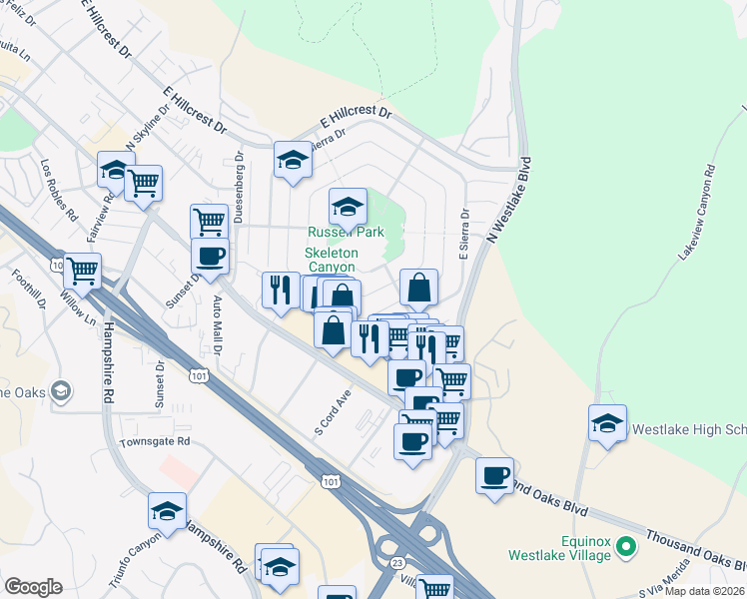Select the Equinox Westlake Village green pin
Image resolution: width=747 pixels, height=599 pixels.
pos(626,546)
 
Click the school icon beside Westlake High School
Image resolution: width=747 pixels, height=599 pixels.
pos(606,423)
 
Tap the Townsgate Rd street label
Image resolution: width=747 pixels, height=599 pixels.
pos(154,441)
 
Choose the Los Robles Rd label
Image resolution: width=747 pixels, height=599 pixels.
pos(59,189)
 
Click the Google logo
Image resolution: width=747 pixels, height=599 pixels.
pos(33,587)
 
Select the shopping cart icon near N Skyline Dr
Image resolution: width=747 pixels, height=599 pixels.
pos(144,183)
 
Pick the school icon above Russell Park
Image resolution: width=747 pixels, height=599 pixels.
pos(347,207)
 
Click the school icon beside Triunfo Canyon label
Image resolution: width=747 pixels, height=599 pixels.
pos(167,511)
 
